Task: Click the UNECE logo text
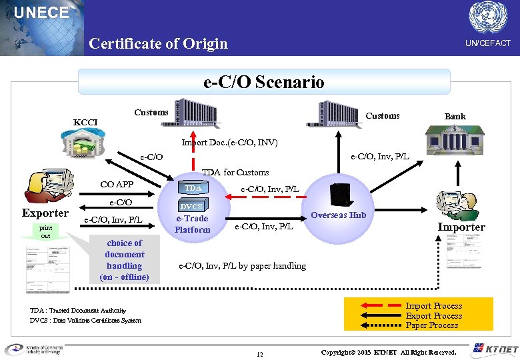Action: [41, 12]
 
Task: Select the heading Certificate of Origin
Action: [158, 44]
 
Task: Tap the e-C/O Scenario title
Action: [263, 82]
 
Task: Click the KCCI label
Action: [85, 123]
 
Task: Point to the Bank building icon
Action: [455, 143]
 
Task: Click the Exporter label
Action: [45, 213]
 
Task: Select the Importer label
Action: [461, 227]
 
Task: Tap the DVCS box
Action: [192, 207]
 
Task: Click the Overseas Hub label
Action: [338, 215]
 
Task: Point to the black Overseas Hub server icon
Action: [340, 192]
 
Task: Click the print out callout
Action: [45, 232]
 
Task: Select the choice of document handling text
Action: [124, 260]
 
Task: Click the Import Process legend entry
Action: [433, 306]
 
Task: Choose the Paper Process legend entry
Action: [431, 325]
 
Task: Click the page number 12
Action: [259, 353]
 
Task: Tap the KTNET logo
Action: [494, 349]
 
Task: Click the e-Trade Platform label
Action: [192, 224]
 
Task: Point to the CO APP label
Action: [117, 185]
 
